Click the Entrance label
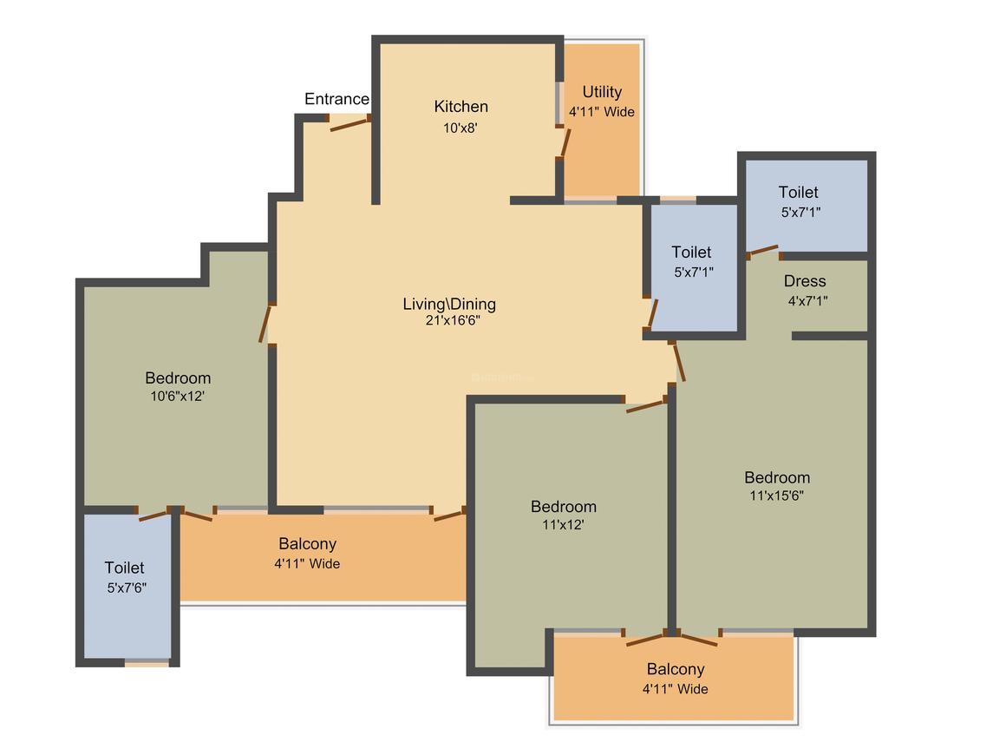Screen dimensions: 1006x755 [x=336, y=99]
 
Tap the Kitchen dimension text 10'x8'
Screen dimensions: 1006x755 [x=460, y=128]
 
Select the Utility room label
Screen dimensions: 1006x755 [x=602, y=92]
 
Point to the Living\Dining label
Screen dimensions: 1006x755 [x=449, y=304]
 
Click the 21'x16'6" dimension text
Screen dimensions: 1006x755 [x=453, y=319]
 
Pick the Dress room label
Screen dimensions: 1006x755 [x=805, y=281]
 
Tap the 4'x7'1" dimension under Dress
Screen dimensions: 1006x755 [x=807, y=300]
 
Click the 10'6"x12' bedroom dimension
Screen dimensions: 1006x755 [x=177, y=396]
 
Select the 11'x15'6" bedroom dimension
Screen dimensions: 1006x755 [x=776, y=495]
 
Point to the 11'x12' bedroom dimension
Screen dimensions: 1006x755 [x=563, y=524]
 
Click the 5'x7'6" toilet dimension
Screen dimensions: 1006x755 [x=127, y=588]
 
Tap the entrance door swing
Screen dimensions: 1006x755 [x=349, y=123]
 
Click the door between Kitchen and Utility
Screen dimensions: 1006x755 [x=565, y=142]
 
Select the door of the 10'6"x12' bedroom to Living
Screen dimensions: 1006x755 [x=265, y=323]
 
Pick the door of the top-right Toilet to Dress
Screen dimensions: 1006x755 [x=763, y=251]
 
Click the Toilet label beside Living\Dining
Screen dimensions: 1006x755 [x=691, y=253]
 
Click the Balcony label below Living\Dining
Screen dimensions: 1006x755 [x=307, y=544]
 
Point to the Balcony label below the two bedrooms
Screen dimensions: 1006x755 [x=676, y=669]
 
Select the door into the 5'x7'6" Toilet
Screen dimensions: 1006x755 [x=154, y=515]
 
